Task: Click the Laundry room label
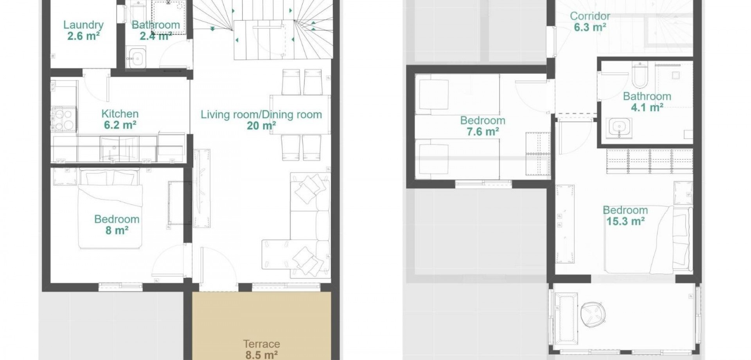(83, 25)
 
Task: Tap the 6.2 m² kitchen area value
(120, 125)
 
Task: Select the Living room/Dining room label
(261, 115)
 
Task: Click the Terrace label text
(261, 344)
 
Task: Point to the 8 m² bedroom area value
(117, 230)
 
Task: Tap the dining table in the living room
(300, 114)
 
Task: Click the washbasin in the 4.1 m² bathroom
(619, 128)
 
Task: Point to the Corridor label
(590, 16)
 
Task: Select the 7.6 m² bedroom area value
(483, 132)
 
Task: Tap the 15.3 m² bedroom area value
(625, 221)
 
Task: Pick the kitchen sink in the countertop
(113, 149)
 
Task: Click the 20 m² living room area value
(261, 126)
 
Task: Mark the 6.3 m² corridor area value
(590, 27)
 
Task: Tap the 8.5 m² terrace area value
(261, 355)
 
